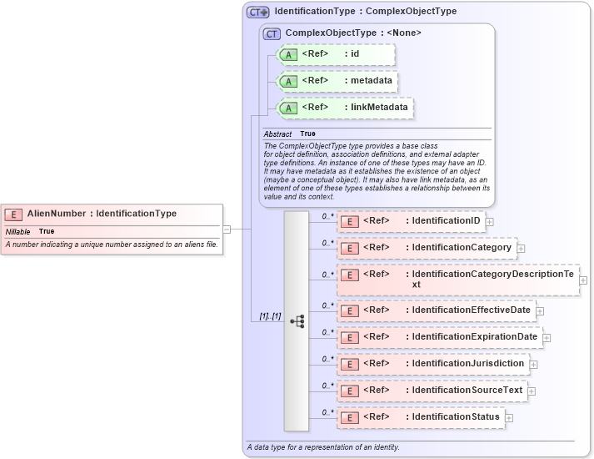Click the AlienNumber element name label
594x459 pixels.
point(102,214)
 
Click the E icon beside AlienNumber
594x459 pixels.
point(14,214)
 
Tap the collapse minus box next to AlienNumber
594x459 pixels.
point(226,229)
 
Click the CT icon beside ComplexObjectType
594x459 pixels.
point(272,33)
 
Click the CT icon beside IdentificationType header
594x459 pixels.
point(257,13)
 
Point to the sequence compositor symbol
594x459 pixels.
point(297,321)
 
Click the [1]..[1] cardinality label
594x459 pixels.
point(270,316)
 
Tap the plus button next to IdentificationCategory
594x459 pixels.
point(521,248)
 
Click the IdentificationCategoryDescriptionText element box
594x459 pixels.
point(457,280)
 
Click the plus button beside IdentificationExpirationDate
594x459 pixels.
point(547,337)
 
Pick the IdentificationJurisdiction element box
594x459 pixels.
point(432,364)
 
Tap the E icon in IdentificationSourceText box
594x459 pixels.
point(351,391)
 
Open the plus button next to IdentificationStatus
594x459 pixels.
point(509,417)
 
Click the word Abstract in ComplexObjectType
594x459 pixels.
point(277,134)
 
